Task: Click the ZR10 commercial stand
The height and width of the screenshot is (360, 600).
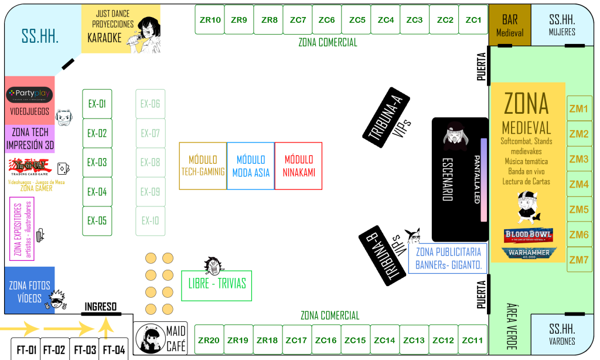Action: point(210,20)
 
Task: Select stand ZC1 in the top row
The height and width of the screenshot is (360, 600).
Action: point(473,20)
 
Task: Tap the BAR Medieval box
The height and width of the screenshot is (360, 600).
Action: point(510,26)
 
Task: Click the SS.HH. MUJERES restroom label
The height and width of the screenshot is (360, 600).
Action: point(562,25)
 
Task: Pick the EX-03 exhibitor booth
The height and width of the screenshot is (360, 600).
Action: point(97,162)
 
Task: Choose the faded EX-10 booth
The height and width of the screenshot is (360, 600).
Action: point(151,221)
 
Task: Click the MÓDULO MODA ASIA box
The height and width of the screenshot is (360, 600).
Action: point(250,166)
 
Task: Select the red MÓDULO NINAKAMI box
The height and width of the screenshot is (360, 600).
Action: point(298,166)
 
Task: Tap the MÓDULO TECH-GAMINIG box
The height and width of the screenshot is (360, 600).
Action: point(203,166)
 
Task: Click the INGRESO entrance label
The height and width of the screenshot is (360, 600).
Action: point(101,307)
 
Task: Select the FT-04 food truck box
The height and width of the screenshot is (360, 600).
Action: point(114,351)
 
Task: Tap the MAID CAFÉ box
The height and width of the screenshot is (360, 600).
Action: point(161,339)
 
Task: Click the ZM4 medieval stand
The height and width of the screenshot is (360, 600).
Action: point(579,184)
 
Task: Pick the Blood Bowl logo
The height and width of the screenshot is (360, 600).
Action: point(529,236)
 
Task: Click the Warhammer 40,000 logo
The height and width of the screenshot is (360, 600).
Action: point(529,253)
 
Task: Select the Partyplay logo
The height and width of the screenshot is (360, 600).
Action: point(29,94)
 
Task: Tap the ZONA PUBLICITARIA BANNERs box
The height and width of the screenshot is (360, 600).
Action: point(448,259)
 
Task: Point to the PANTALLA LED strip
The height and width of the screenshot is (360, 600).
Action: point(484,179)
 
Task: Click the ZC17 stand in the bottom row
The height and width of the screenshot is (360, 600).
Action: point(297,340)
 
